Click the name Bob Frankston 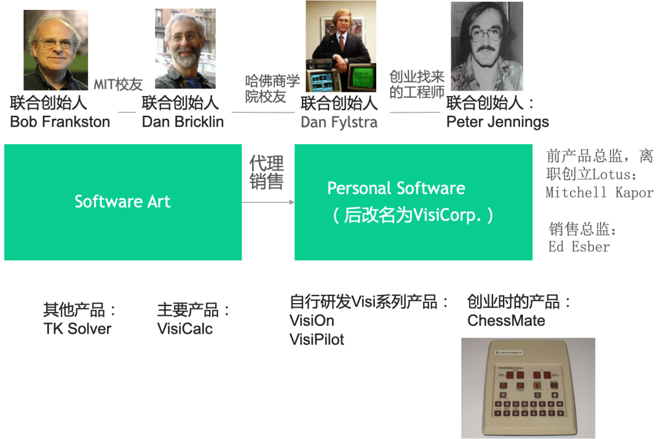tap(60, 122)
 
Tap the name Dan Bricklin tap(183, 122)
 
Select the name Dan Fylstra tap(339, 123)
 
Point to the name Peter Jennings tap(497, 122)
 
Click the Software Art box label tap(122, 201)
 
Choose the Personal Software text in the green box tap(396, 188)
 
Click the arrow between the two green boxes tap(268, 202)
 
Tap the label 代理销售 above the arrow tap(266, 173)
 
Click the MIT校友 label tap(118, 85)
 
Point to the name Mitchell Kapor tap(599, 192)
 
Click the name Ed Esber tap(579, 246)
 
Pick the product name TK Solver tap(77, 328)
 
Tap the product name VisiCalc tap(185, 328)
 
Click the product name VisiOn tap(312, 321)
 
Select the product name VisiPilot tap(317, 339)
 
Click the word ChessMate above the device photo tap(506, 321)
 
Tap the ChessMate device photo tap(528, 388)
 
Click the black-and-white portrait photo tap(486, 46)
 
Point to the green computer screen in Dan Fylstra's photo tap(363, 76)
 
